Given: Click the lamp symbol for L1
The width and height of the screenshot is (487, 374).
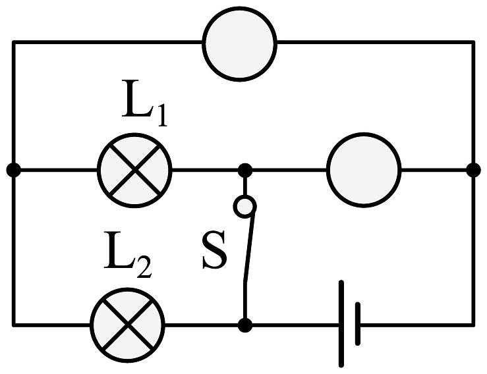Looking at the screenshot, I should [135, 169].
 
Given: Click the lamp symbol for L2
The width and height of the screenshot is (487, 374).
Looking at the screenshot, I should [128, 324].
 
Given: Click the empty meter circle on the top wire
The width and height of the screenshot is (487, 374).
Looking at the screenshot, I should [239, 44].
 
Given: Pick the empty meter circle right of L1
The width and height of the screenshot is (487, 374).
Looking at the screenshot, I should [364, 169].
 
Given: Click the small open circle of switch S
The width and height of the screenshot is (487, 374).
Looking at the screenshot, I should [244, 207].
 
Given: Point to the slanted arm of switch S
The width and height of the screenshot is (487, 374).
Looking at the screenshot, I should [249, 247].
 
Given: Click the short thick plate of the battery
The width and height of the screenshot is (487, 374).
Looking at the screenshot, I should [358, 324].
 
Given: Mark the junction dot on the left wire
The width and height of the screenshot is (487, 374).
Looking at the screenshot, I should [13, 169].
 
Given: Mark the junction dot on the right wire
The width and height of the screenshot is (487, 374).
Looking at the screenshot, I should [473, 169].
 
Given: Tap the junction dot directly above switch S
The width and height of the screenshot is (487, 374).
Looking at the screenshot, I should [244, 169].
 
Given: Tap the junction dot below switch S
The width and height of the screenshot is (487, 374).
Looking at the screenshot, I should [244, 324].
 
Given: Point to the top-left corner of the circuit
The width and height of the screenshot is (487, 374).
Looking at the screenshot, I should [13, 43].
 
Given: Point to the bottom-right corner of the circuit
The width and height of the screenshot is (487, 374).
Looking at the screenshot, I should [473, 324].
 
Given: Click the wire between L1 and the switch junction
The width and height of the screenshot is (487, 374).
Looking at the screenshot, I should [208, 169].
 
